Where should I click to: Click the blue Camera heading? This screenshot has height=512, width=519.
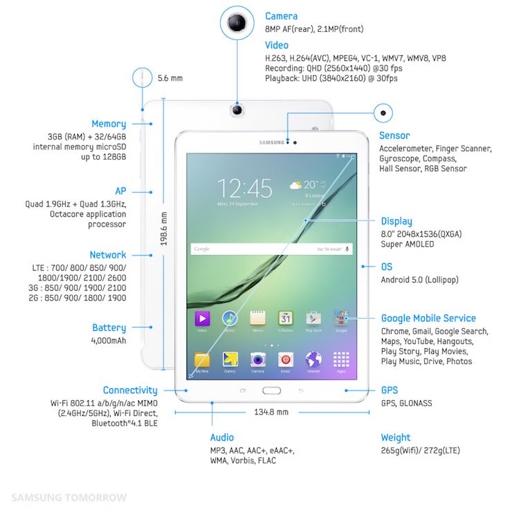coord(281,16)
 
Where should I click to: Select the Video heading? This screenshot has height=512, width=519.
coord(277,45)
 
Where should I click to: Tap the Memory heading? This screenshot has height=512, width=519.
coord(109,124)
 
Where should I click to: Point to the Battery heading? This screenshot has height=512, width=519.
coord(109,328)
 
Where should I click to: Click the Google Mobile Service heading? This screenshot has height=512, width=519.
coord(428,319)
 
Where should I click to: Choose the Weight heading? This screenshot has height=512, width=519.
coord(396,437)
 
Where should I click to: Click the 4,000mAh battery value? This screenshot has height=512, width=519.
coord(109,341)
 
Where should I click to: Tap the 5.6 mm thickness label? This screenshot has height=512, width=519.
coord(170,78)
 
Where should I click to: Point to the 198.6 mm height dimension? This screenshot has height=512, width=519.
coord(164,228)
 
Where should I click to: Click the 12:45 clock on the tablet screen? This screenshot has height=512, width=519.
coord(245,188)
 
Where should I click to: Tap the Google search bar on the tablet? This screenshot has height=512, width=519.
coord(271,248)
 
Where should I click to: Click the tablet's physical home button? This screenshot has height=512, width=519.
coord(271,390)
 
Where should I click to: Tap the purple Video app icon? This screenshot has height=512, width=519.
coord(202,319)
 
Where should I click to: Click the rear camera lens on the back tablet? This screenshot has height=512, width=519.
coord(237,109)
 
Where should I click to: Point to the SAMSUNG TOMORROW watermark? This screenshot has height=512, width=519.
coord(69,497)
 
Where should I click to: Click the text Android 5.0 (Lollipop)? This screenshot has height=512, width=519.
coord(419,280)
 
